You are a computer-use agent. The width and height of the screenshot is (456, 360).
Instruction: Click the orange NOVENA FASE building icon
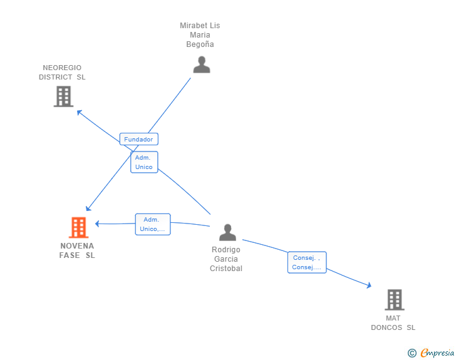point(78,227)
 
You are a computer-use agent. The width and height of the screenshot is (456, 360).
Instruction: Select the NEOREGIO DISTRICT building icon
point(63,96)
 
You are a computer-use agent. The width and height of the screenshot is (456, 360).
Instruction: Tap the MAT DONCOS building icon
point(394,300)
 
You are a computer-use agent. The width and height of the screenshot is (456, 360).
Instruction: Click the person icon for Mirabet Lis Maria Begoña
point(201,64)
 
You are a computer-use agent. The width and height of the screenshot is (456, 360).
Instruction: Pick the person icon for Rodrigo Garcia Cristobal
point(227,232)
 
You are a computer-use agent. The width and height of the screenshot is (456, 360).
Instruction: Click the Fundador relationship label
point(138,139)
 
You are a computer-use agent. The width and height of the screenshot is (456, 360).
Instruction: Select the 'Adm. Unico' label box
point(144,162)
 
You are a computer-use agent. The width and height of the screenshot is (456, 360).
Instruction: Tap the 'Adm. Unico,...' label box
point(153,224)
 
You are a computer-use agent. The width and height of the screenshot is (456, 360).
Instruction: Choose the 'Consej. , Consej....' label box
point(307,262)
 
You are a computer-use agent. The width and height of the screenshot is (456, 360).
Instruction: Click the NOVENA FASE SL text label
point(77,250)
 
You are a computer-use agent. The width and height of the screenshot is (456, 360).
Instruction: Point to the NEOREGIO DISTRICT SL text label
point(62,73)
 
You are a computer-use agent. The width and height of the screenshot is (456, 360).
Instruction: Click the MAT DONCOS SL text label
point(393,322)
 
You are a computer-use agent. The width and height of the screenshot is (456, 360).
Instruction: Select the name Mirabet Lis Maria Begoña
point(200,35)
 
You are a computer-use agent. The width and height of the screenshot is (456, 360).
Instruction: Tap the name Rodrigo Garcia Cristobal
point(226,259)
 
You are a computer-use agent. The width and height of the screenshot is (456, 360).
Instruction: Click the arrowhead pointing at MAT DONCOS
point(370,285)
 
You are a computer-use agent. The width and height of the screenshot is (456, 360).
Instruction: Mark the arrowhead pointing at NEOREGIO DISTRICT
point(79,112)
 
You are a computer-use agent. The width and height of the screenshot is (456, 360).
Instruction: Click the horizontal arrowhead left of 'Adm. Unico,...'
point(97,224)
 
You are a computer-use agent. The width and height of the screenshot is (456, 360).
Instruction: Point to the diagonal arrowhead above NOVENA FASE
point(89,208)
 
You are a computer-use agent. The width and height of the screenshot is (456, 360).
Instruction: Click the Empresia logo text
point(437,353)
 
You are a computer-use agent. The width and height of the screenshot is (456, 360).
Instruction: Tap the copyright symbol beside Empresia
point(412,353)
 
